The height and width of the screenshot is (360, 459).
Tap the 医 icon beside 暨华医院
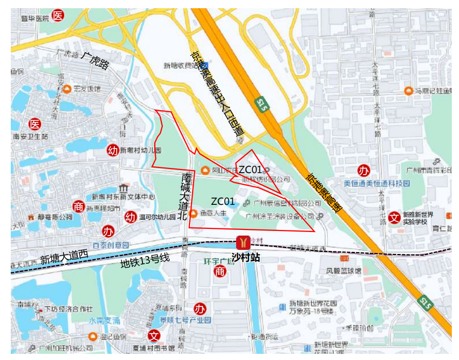(59, 16)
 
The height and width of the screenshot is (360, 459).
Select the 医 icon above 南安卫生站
(35, 124)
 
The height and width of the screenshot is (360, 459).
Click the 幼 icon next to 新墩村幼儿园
(112, 150)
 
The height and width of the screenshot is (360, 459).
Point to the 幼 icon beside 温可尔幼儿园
(131, 217)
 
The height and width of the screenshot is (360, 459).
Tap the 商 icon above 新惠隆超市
(78, 206)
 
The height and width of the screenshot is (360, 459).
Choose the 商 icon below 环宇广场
(220, 271)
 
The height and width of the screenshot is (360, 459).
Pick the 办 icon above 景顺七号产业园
(199, 309)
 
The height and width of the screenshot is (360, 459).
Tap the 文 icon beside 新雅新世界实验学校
(394, 217)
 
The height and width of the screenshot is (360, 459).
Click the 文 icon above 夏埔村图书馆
(154, 336)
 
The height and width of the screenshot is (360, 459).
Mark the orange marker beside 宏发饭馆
(67, 89)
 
